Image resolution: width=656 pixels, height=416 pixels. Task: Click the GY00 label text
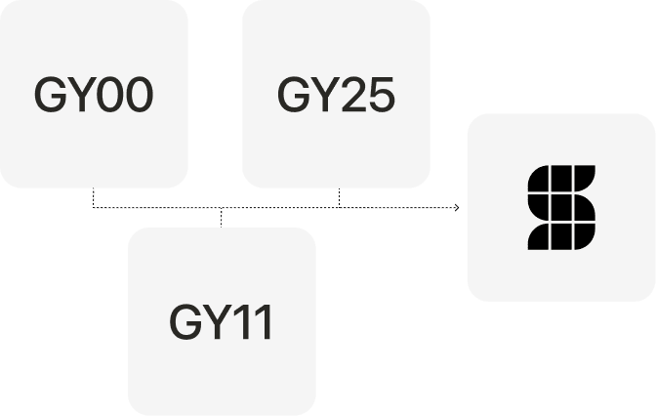click(94, 95)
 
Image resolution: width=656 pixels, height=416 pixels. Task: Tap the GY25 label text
click(336, 95)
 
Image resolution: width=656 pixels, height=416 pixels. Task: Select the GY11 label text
click(222, 322)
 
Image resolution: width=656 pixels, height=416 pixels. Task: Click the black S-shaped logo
click(561, 207)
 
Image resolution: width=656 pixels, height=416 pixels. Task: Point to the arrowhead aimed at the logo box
click(455, 208)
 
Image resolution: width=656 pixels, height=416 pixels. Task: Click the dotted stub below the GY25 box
click(339, 197)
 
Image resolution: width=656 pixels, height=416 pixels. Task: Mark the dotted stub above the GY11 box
click(222, 218)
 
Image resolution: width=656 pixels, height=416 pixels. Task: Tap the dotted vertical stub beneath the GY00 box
click(94, 197)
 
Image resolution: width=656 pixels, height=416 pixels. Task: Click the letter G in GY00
click(49, 95)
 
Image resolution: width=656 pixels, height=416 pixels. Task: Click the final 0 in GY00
click(139, 95)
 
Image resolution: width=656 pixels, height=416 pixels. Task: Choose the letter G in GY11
click(185, 322)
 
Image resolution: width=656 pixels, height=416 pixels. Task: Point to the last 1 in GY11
click(262, 322)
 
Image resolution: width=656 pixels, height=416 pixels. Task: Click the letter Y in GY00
click(80, 95)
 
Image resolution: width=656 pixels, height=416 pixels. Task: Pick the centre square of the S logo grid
click(561, 207)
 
